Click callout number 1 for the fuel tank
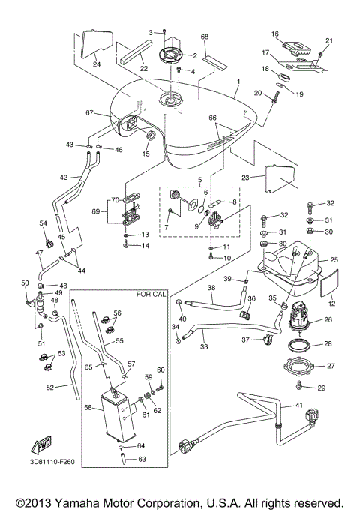(238, 80)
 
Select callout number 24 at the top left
(95, 64)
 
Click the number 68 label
(204, 37)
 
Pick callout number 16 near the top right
(275, 34)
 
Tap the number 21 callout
(328, 40)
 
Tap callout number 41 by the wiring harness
(298, 406)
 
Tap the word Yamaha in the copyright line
(85, 502)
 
